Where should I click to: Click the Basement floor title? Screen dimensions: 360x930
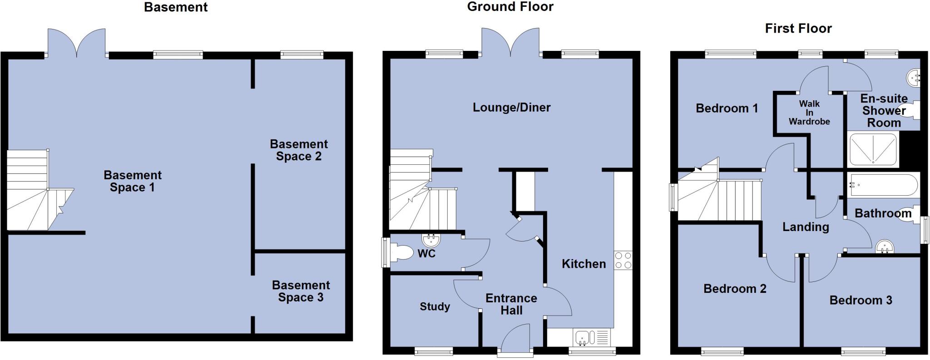176,7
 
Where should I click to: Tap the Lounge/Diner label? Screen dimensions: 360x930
511,108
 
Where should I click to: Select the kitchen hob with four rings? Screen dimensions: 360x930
623,260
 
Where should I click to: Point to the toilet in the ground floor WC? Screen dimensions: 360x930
401,253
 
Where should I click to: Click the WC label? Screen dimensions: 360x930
426,254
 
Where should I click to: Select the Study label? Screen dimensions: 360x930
435,307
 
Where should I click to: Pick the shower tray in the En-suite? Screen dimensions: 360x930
873,148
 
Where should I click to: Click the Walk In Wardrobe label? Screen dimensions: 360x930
809,113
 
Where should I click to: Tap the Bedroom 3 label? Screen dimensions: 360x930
861,300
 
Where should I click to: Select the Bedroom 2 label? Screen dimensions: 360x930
735,289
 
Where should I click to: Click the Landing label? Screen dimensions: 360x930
805,227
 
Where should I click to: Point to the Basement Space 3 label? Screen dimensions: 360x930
301,291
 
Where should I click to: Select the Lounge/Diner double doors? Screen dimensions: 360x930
511,44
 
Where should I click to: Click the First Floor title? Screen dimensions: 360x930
798,29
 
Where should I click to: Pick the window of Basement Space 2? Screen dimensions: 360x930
302,55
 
